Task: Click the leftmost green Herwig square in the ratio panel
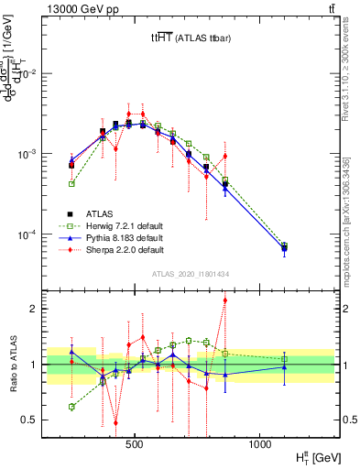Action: point(71,407)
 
